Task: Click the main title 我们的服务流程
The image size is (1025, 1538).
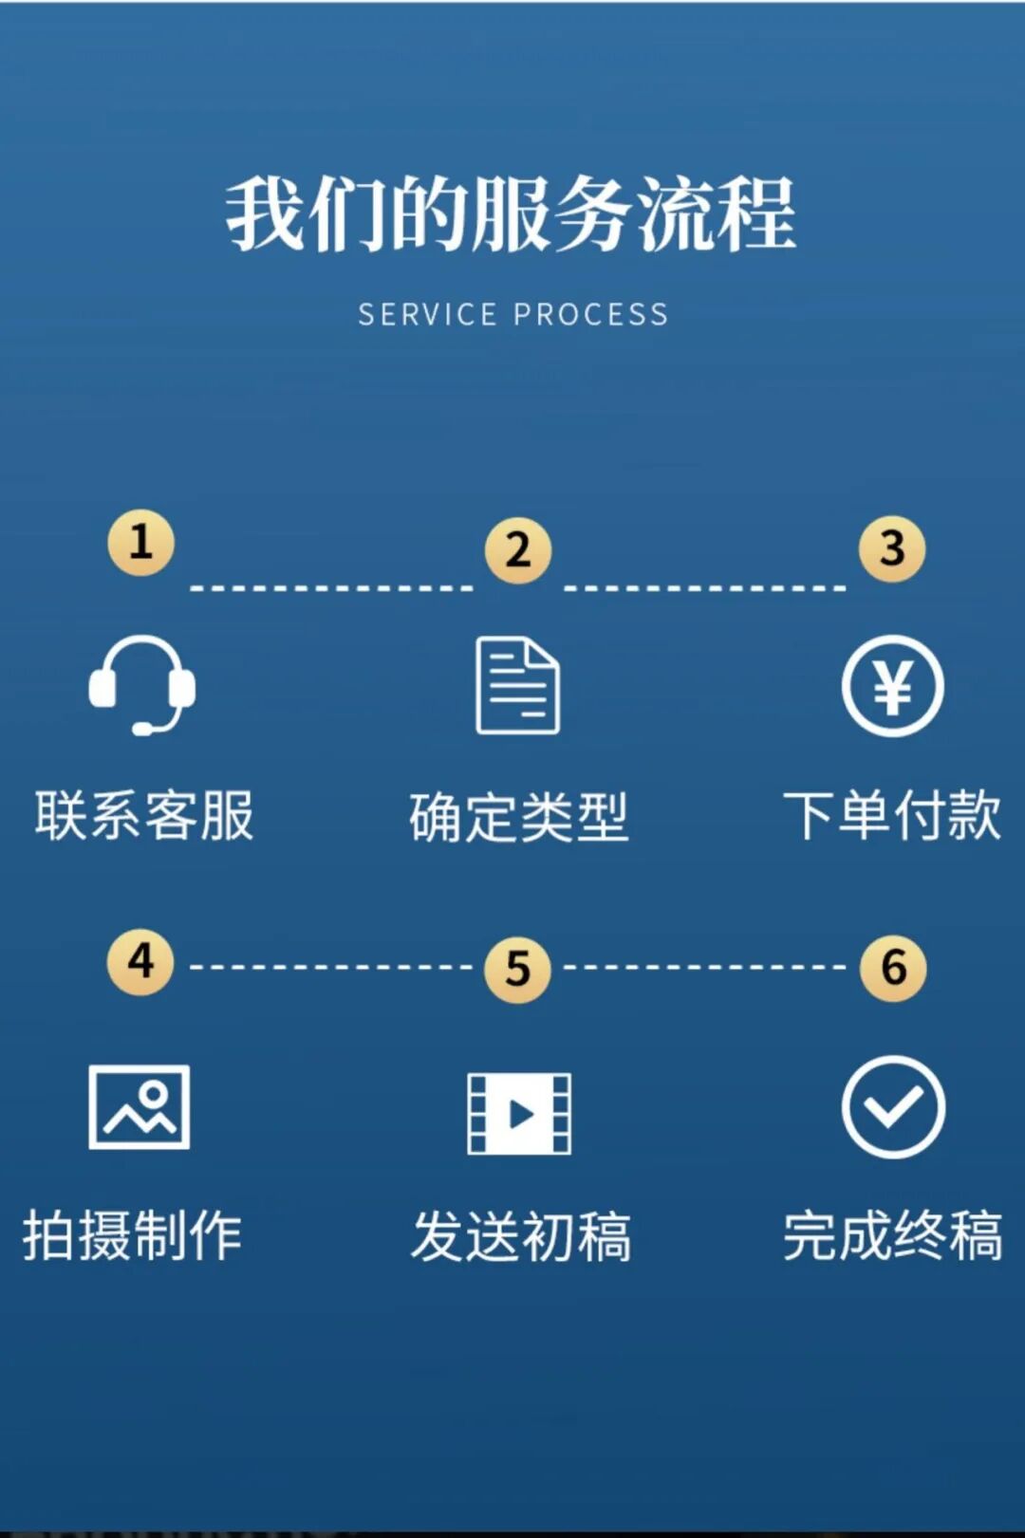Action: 511,213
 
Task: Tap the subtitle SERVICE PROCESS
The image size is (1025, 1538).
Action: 512,315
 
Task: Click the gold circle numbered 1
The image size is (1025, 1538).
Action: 140,543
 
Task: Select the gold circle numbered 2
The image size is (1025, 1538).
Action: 517,550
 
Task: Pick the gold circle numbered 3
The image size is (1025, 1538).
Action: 892,548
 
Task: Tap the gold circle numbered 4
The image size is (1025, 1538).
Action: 140,961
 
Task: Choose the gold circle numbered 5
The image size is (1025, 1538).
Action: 517,969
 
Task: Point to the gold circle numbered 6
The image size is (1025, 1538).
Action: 893,968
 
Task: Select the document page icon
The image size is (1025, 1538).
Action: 517,686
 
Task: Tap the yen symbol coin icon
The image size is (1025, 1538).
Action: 892,686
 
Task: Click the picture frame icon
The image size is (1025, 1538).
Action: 140,1106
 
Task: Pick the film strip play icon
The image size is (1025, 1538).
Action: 519,1114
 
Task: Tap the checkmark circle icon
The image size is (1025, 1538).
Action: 893,1106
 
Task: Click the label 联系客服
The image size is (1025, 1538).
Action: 144,816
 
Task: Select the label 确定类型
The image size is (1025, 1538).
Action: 518,818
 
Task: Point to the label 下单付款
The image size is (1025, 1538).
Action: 892,815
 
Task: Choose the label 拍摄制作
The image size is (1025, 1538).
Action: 133,1235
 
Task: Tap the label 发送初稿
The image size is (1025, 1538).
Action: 521,1237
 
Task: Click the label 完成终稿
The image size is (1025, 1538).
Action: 893,1235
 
